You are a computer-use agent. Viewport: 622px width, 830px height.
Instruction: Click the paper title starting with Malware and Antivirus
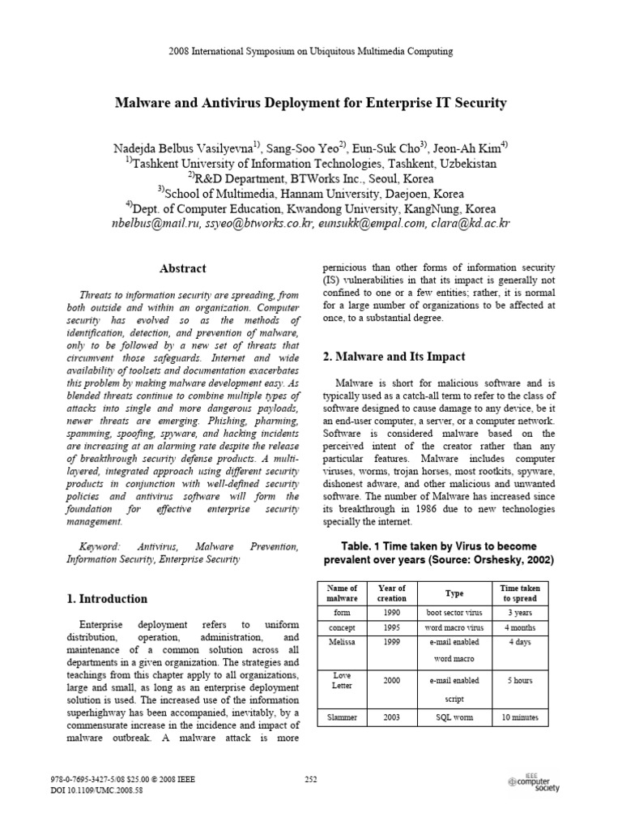(311, 103)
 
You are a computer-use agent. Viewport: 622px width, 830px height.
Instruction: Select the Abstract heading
(183, 268)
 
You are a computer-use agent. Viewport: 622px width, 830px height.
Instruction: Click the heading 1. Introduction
(106, 599)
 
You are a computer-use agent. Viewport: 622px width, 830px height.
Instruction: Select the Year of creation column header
(392, 593)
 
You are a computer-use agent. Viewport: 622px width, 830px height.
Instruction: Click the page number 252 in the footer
(310, 779)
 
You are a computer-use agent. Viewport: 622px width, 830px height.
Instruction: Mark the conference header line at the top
(311, 51)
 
